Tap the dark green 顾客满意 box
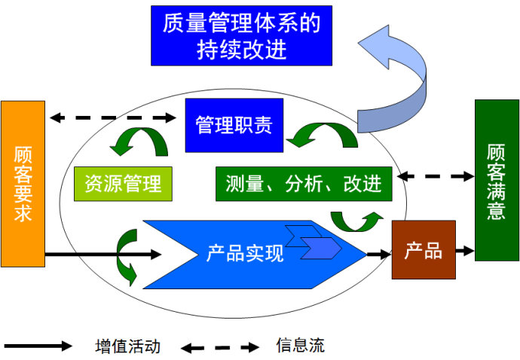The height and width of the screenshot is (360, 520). coord(497,180)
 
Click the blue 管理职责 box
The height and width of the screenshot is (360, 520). coord(234,125)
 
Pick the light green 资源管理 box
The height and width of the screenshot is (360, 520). coord(123,183)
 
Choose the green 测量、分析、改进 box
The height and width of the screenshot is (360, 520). coord(304,183)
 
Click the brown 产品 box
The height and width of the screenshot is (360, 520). coord(424,250)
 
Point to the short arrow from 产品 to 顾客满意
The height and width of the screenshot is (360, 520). coord(466,249)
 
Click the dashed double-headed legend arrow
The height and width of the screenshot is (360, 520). coord(219,347)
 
